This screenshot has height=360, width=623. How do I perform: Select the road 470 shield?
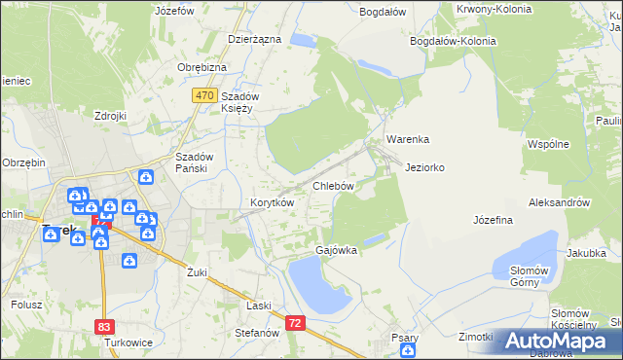pyautogui.click(x=203, y=95)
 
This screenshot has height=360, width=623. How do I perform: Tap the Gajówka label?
pyautogui.click(x=336, y=250)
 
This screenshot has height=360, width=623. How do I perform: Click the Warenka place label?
pyautogui.click(x=407, y=139)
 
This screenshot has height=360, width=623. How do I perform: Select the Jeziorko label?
pyautogui.click(x=425, y=167)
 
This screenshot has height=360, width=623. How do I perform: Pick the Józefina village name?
pyautogui.click(x=493, y=220)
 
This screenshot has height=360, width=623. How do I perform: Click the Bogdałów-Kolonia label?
pyautogui.click(x=454, y=42)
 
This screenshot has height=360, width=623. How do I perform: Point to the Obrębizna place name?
pyautogui.click(x=202, y=66)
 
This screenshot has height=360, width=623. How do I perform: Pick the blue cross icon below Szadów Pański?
pyautogui.click(x=145, y=176)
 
